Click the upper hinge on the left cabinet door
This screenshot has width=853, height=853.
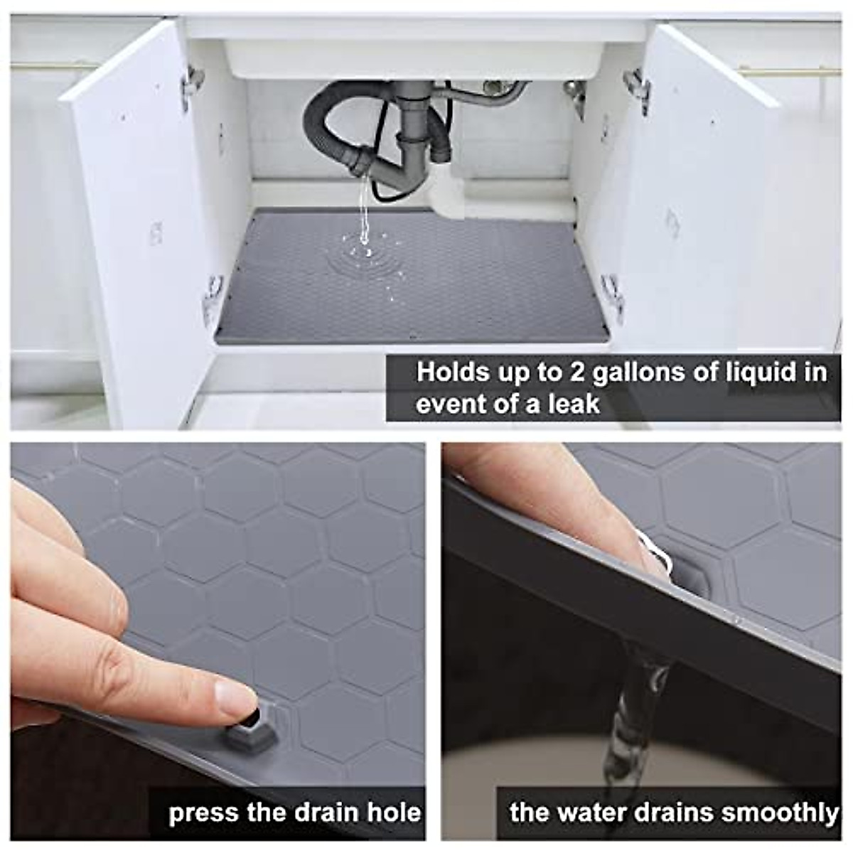tap(192, 84)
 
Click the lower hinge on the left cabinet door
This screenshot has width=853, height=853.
tap(212, 299)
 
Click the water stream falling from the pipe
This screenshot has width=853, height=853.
tap(365, 206)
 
